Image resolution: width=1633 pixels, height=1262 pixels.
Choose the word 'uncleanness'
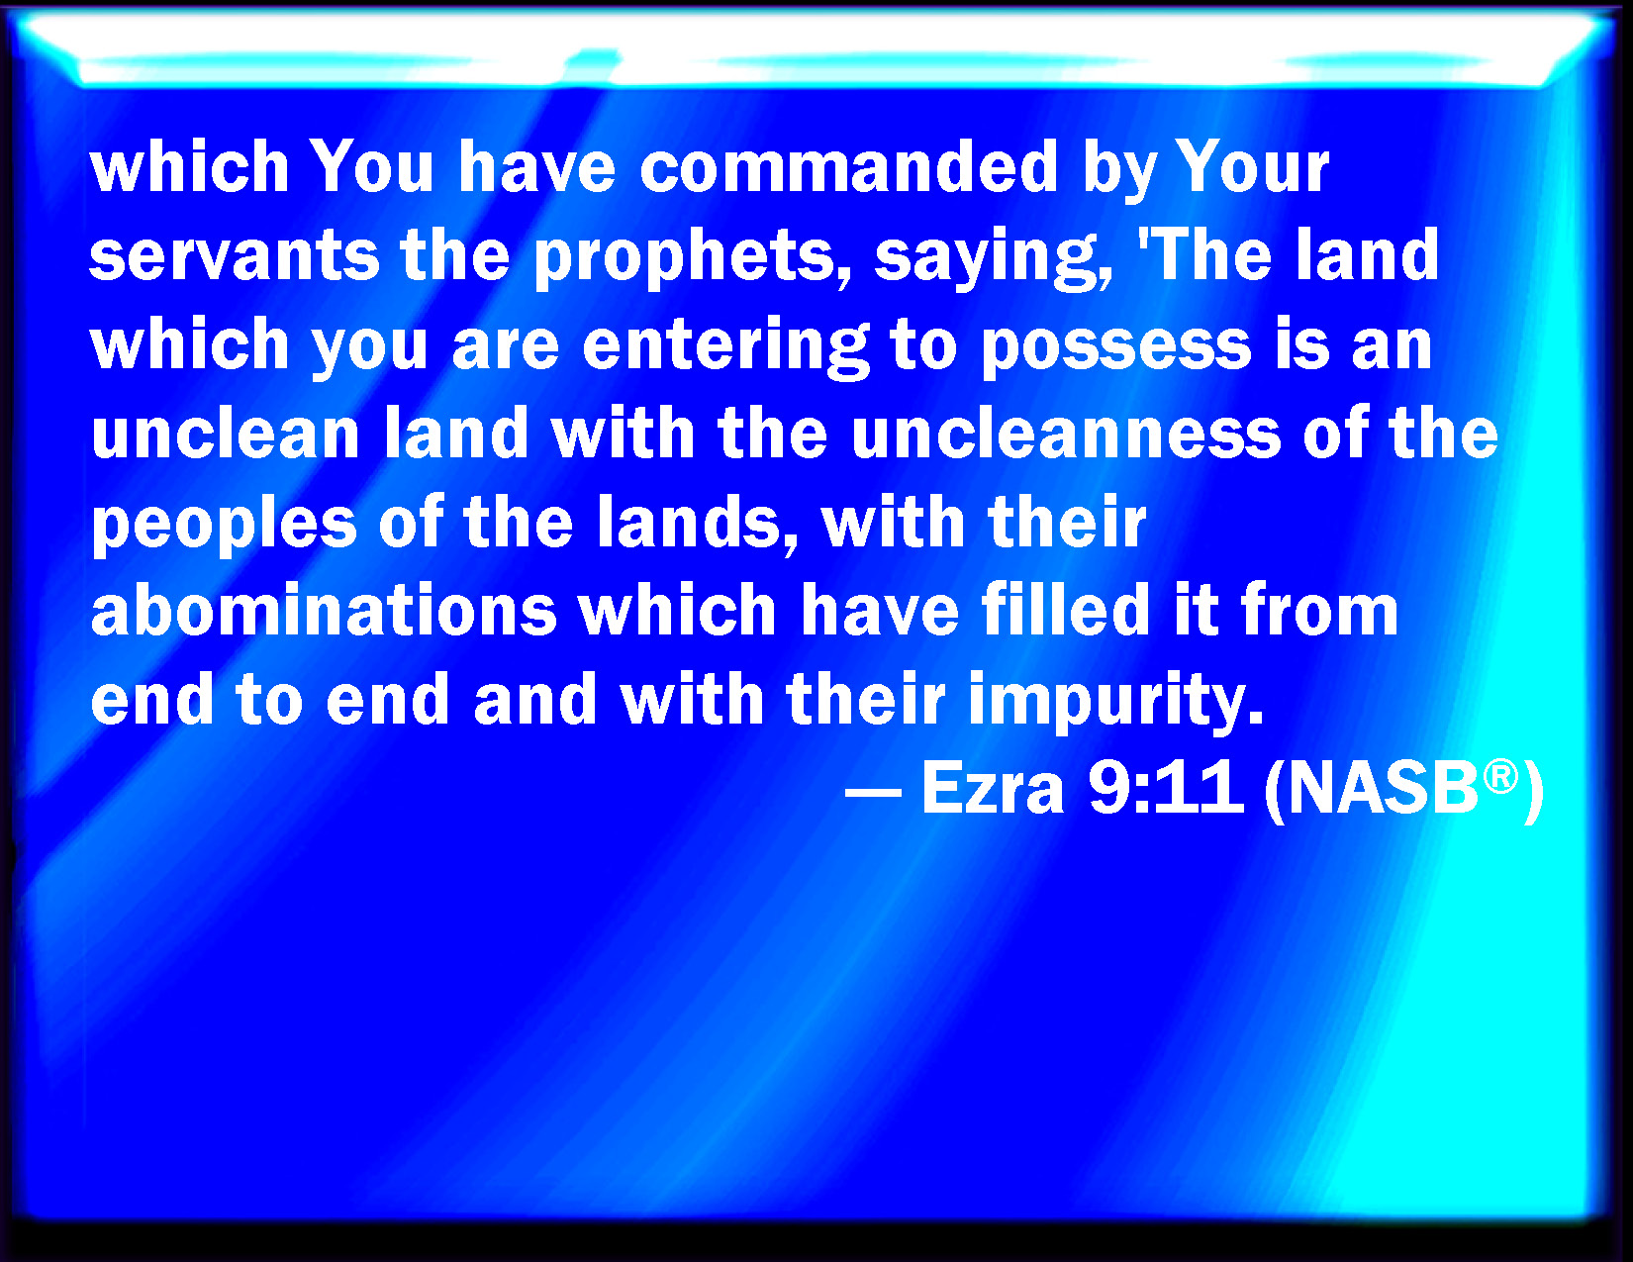coord(1066,435)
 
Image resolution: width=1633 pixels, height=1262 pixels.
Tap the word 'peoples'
coord(224,524)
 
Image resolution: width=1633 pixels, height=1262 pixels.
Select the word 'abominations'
coord(324,611)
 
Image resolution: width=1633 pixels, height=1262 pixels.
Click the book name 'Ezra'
coord(993,789)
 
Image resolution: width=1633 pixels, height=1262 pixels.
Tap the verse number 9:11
coord(1166,789)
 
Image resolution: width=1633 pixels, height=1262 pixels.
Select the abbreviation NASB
coord(1383,789)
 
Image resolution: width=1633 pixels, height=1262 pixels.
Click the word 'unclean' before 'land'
coord(226,435)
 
